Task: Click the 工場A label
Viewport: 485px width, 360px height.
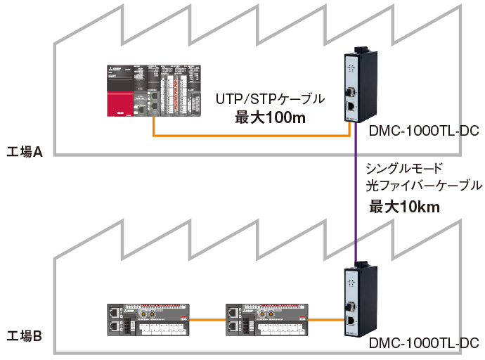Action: pos(25,151)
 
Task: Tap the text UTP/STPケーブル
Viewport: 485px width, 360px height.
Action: pos(270,98)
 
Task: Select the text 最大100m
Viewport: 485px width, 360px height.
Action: pos(270,117)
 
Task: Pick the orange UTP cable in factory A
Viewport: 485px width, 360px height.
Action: pos(253,136)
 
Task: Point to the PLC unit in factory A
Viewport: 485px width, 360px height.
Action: pos(154,91)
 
